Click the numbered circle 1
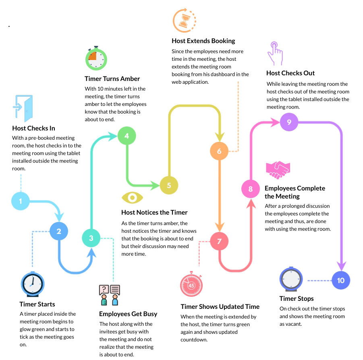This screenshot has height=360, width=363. (x=21, y=201)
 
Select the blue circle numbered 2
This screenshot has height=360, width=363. (x=59, y=231)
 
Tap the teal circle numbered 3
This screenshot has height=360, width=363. (x=91, y=238)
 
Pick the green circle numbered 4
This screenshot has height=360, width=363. (x=127, y=136)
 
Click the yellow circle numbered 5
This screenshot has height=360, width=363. (x=169, y=185)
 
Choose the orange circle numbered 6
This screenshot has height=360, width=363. (x=219, y=151)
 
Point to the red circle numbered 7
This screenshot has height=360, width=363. (x=219, y=241)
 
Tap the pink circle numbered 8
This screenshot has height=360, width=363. (x=251, y=189)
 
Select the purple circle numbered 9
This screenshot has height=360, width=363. (x=289, y=122)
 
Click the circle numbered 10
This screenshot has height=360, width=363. (x=341, y=280)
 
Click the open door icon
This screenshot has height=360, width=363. (x=23, y=108)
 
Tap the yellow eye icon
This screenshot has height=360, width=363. (x=132, y=198)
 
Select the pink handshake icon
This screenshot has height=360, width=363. (x=278, y=170)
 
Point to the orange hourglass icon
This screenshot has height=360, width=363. (x=185, y=21)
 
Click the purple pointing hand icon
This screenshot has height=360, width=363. (x=275, y=54)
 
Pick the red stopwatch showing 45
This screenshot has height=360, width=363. (x=191, y=284)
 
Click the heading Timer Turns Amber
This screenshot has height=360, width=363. (x=112, y=79)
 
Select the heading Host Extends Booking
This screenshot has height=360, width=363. (x=203, y=41)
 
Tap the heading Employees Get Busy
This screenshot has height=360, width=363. (x=128, y=314)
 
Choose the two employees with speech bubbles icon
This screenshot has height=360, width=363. (x=110, y=295)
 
